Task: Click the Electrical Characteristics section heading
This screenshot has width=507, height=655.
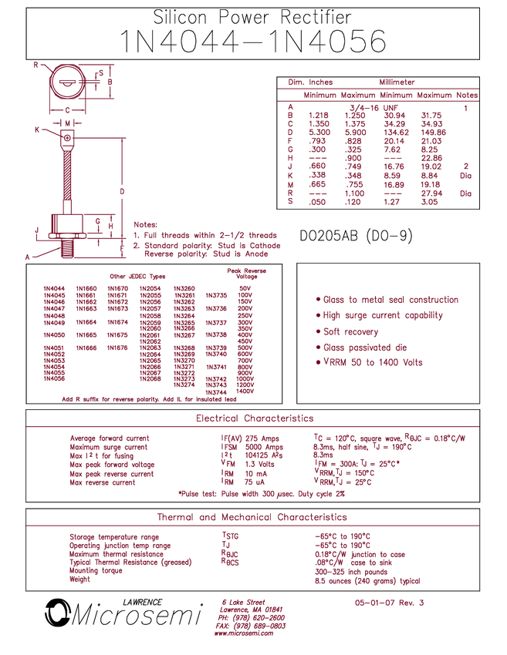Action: [253, 418]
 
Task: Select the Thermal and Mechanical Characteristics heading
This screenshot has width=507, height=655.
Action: [252, 516]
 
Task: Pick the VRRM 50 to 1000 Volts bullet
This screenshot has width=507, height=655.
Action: [370, 361]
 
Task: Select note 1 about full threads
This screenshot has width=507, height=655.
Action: [204, 234]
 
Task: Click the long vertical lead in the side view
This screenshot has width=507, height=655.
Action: [67, 173]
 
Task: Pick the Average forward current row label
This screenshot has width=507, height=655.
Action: [109, 437]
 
